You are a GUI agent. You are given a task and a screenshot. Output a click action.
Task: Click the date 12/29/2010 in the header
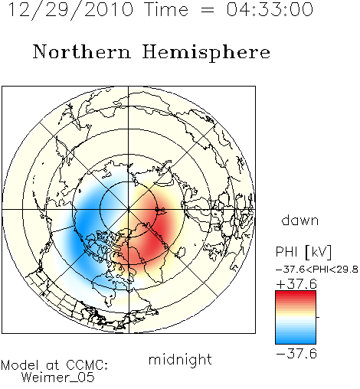point(70,10)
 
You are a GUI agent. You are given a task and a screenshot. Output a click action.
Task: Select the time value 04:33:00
point(270,9)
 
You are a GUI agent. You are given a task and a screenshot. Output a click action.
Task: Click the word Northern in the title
point(82,51)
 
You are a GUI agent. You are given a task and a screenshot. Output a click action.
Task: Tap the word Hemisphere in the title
point(206,53)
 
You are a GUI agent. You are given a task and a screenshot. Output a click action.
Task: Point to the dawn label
point(300,221)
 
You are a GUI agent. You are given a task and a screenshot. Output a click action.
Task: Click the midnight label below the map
point(180,360)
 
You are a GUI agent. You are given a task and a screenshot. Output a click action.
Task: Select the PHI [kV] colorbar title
point(304,252)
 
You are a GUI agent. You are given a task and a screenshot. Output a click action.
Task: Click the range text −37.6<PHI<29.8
point(317,270)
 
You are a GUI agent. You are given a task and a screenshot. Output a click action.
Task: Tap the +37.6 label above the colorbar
point(296,284)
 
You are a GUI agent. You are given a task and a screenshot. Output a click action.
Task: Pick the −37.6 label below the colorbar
point(296,354)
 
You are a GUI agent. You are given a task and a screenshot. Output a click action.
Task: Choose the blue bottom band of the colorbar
point(296,339)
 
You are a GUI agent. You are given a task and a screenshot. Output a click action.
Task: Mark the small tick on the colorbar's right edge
point(318,317)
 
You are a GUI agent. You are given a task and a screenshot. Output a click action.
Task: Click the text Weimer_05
point(58,378)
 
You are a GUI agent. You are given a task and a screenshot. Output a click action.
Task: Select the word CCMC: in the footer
point(87,365)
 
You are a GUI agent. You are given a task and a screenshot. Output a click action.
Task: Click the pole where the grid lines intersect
point(129,210)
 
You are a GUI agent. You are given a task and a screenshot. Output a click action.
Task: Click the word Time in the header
point(166,10)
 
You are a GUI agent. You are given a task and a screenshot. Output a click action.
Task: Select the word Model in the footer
point(20,365)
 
